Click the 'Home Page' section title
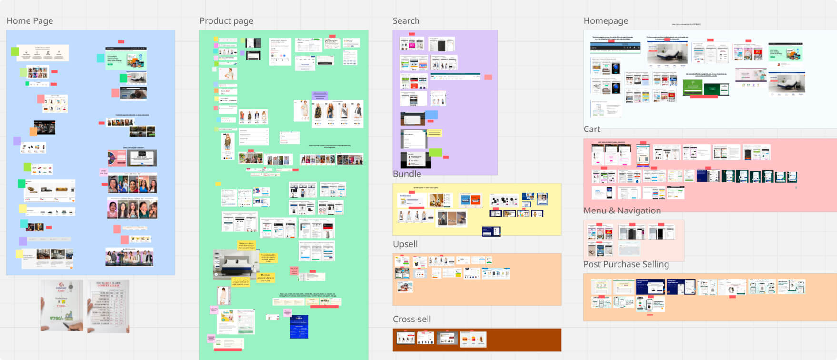[30, 21]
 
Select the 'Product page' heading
[226, 21]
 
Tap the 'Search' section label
[406, 21]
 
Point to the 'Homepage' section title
[606, 21]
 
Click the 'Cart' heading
[592, 129]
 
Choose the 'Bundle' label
[407, 174]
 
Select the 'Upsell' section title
[405, 244]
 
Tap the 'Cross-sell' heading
[411, 319]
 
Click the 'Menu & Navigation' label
[622, 210]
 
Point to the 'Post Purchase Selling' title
[626, 264]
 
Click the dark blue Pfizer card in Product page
[299, 327]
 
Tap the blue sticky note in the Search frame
[431, 115]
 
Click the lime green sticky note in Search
[435, 152]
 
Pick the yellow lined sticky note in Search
[434, 133]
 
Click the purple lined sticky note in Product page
[319, 96]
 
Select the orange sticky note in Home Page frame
[33, 131]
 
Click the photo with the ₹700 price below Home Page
[62, 306]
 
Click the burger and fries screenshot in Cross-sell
[473, 339]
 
